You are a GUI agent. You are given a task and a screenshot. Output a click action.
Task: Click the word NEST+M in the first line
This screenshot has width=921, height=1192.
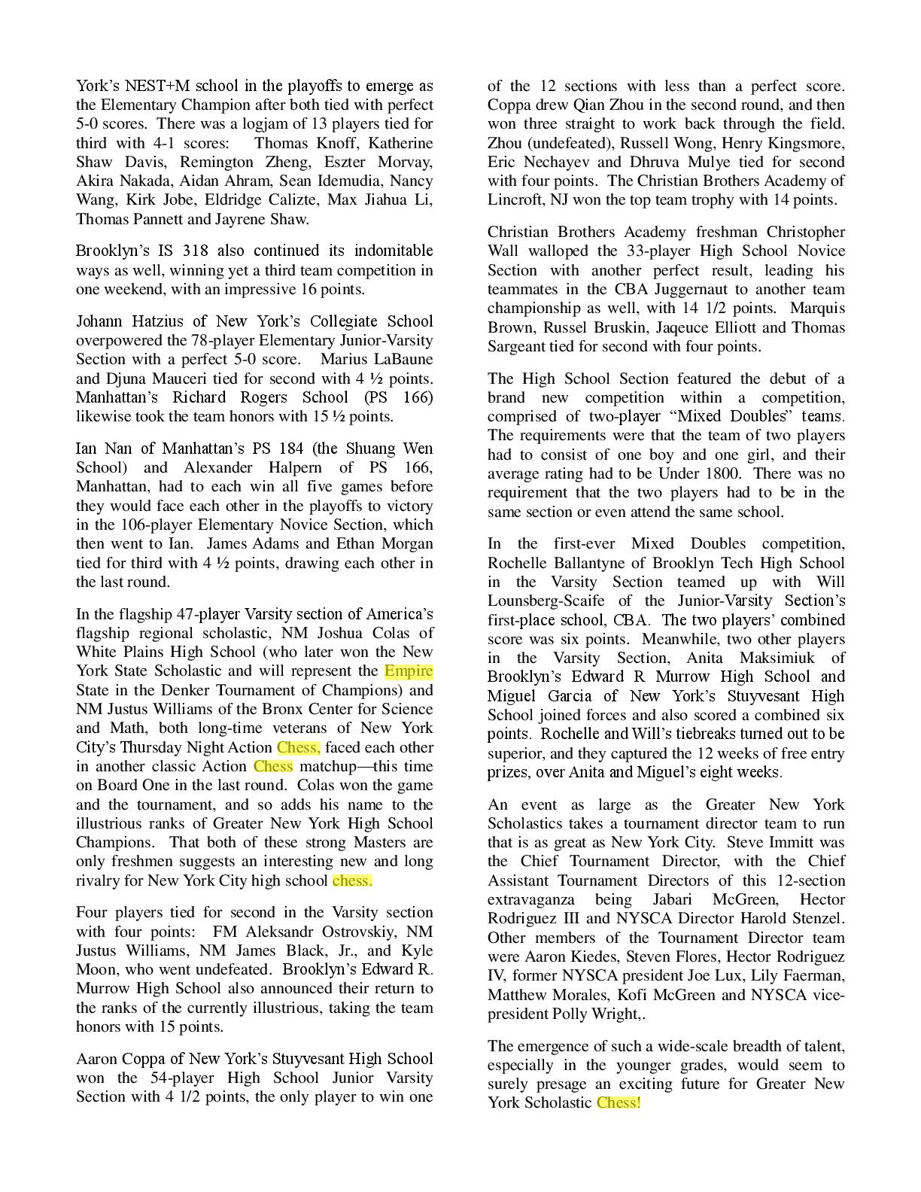[x=150, y=86]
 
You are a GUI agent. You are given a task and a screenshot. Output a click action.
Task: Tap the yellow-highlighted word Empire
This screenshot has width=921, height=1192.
[x=409, y=670]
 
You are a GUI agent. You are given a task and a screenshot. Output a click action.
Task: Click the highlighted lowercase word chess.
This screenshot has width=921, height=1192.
[x=352, y=880]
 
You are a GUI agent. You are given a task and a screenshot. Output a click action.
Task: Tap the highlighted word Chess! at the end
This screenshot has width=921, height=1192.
[x=619, y=1102]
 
